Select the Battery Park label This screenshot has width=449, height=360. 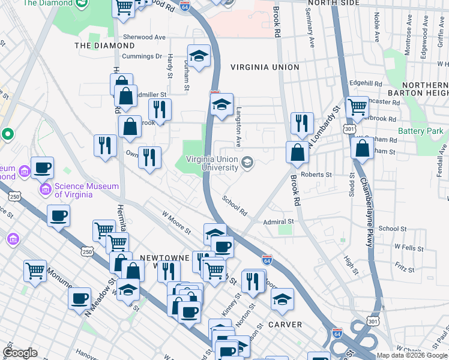click(420, 131)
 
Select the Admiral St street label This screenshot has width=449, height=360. click(277, 222)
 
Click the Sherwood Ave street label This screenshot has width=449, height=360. click(144, 37)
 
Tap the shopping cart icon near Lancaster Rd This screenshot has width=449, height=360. click(357, 107)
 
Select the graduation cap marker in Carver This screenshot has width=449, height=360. click(282, 298)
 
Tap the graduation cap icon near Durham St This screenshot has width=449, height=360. click(199, 56)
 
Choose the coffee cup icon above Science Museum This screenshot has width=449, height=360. click(42, 167)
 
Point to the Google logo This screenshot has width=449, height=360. click(20, 353)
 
